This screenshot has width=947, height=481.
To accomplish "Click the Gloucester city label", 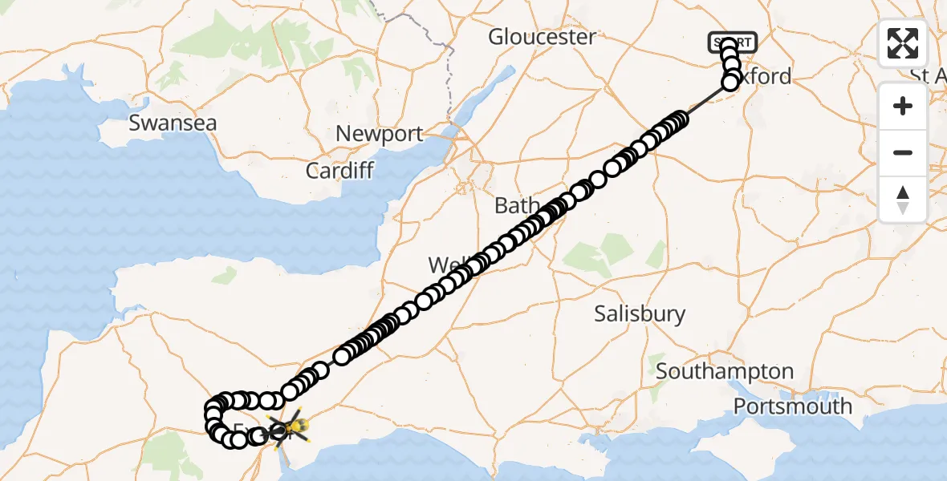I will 542,37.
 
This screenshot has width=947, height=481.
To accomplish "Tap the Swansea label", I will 173,123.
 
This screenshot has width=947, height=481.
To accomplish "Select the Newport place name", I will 379,134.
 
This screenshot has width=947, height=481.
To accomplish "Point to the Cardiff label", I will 339,171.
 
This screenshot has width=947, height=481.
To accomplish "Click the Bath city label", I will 511,206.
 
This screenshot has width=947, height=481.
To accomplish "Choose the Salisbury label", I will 640,313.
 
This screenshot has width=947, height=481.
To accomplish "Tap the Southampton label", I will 725,372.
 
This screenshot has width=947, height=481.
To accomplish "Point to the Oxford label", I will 766,77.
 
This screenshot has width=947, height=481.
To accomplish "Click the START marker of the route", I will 732,42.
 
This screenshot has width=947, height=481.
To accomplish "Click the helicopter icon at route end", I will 290,426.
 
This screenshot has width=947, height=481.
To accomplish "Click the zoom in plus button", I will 903,106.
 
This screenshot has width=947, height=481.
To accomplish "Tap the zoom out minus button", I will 903,152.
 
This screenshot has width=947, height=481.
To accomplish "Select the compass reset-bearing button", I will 903,199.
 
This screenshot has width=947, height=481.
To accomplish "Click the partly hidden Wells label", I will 441,265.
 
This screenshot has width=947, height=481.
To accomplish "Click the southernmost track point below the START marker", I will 730,83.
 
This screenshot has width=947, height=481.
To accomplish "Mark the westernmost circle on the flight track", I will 213,415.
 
